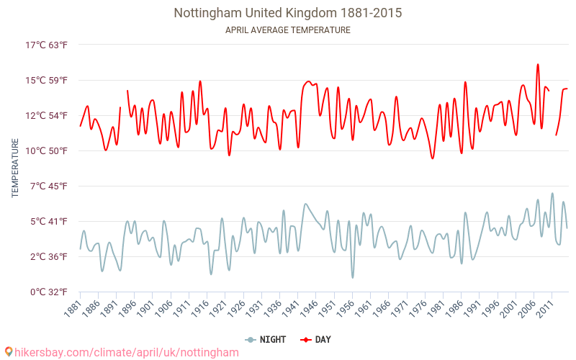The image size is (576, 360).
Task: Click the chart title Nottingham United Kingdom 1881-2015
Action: (288, 13)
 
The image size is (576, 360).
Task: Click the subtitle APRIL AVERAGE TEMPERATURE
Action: (288, 30)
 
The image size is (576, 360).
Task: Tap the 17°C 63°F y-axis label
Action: (47, 45)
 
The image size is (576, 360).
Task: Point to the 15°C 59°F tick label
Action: (47, 81)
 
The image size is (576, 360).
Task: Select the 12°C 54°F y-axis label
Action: (47, 116)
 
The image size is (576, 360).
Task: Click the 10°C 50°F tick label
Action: (47, 151)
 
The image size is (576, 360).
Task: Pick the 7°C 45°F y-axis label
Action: (47, 186)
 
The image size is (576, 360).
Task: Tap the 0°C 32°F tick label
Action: (47, 292)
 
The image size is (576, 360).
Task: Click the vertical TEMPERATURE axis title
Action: (15, 168)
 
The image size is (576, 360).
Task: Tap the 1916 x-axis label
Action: (199, 308)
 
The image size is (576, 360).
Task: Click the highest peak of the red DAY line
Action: (537, 64)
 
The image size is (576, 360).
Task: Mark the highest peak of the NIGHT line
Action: (552, 193)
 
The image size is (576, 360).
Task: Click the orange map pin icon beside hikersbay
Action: (8, 352)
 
